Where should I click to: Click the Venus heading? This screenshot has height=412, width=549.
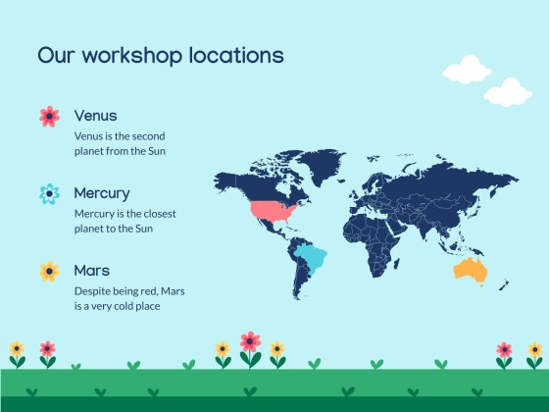point(95,116)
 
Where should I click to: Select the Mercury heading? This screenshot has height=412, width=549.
point(101,193)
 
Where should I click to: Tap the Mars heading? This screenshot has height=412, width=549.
point(91,270)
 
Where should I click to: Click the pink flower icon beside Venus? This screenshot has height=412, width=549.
point(49,117)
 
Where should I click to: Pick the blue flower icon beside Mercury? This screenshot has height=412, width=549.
point(49,194)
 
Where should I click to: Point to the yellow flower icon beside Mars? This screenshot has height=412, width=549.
point(49,271)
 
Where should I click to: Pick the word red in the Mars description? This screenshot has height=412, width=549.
point(148,290)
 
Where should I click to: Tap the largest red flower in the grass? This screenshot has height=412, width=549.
point(250,342)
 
